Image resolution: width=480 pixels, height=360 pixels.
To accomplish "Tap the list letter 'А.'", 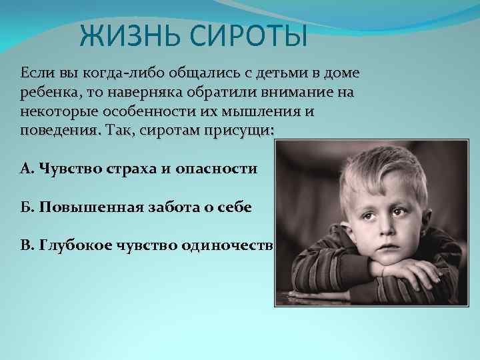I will (x=27, y=168).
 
